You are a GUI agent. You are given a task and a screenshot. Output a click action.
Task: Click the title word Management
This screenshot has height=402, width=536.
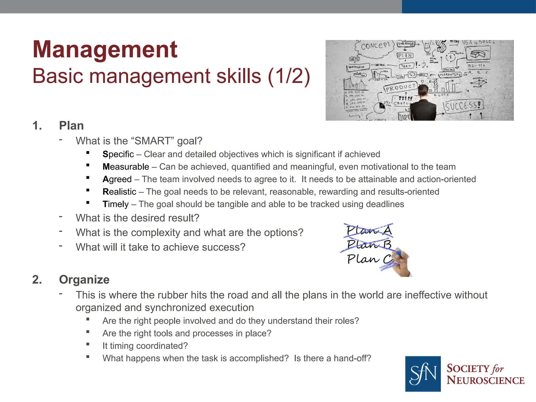(x=105, y=49)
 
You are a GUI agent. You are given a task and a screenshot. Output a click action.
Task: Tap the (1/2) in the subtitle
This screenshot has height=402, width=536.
(x=289, y=76)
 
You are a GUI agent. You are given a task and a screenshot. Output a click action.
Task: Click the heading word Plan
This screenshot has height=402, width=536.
(x=71, y=126)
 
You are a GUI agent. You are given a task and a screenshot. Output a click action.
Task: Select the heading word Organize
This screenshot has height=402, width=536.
(x=84, y=280)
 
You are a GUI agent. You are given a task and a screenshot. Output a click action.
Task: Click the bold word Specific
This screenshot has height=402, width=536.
(x=118, y=154)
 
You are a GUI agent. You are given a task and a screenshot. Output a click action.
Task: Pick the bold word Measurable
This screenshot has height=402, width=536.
(x=126, y=167)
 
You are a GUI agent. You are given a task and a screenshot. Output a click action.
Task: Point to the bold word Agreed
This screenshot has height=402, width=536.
(x=117, y=179)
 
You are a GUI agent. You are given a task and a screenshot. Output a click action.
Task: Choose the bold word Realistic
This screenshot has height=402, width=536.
(x=119, y=192)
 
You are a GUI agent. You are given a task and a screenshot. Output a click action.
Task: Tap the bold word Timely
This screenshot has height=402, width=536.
(x=115, y=204)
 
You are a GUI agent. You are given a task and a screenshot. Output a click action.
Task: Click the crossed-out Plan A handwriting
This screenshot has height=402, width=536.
(x=369, y=230)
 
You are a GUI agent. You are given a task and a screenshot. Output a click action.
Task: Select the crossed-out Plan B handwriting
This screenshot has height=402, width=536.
(x=369, y=244)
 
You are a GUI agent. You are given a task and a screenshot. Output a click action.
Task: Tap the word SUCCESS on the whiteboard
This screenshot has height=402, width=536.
(x=463, y=106)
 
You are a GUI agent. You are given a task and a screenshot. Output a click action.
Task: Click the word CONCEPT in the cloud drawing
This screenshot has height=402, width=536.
(x=375, y=46)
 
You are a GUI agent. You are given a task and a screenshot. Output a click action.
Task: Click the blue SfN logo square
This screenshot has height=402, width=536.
(x=423, y=374)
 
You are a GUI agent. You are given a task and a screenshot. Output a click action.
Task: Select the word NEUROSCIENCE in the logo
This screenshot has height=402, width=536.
(x=485, y=380)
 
